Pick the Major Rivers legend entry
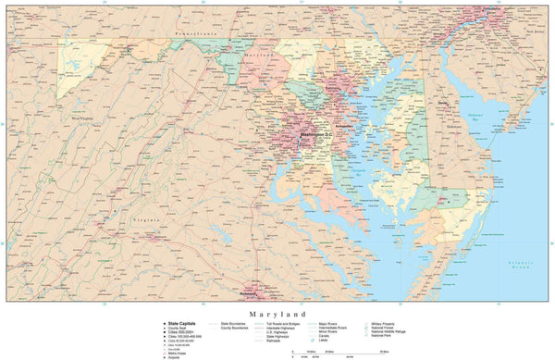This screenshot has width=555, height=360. (x=327, y=322)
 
